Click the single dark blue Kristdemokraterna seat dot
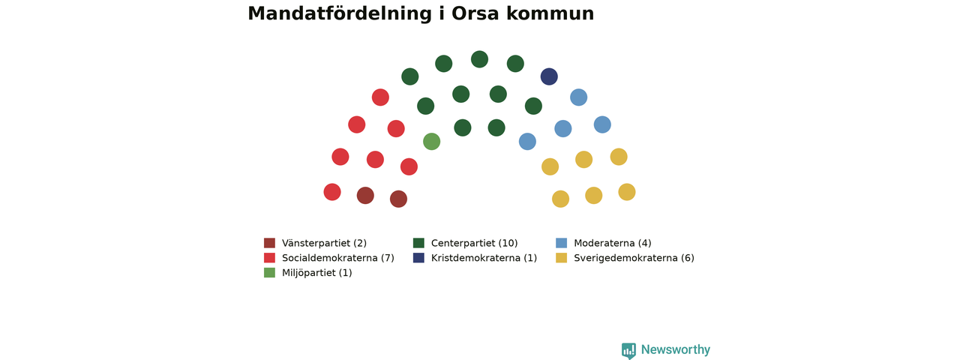tap(549, 76)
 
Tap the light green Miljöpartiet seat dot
tap(431, 142)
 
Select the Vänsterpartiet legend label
tap(325, 243)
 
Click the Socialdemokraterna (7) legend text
tap(338, 258)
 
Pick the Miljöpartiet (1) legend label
tap(317, 273)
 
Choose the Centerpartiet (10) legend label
tap(475, 243)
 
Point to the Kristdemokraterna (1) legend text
tap(484, 258)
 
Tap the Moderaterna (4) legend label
tap(613, 243)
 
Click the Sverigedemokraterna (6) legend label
tap(634, 258)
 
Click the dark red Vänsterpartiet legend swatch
tap(269, 243)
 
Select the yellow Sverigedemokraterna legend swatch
tap(562, 257)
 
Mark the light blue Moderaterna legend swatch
tap(562, 243)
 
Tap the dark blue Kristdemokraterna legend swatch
tap(418, 257)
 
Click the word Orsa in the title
tap(475, 13)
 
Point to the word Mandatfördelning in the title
tap(340, 13)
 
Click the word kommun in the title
tap(550, 13)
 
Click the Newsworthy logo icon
tap(628, 350)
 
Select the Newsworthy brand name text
tap(676, 349)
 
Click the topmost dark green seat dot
tap(479, 59)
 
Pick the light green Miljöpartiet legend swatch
tap(269, 272)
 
